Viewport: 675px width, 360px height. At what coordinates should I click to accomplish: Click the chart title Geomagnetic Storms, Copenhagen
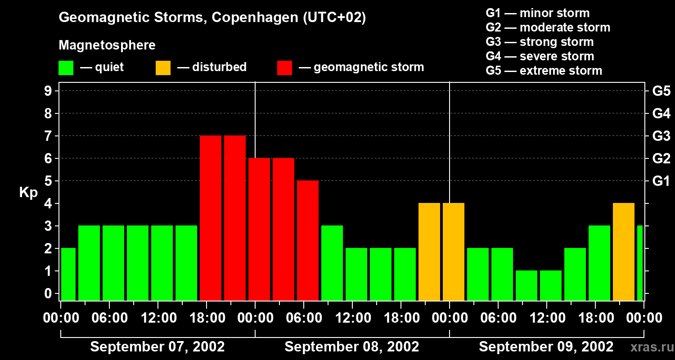click(212, 18)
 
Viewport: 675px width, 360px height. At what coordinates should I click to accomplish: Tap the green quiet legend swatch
click(66, 68)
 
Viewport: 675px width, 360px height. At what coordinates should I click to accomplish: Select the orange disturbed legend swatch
click(163, 68)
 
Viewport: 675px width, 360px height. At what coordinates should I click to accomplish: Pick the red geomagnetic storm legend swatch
click(284, 68)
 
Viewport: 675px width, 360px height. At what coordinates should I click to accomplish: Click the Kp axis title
click(28, 193)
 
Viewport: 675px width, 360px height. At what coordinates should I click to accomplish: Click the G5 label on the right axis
click(661, 91)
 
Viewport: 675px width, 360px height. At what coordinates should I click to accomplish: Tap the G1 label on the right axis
click(661, 181)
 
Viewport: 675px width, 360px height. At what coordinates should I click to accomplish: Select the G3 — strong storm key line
click(540, 42)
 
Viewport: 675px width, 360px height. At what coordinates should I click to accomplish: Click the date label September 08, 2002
click(352, 347)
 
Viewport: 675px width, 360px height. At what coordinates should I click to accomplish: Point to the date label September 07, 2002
click(157, 347)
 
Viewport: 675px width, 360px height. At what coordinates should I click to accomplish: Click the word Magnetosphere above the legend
click(107, 45)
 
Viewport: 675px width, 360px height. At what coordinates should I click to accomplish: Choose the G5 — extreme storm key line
click(544, 71)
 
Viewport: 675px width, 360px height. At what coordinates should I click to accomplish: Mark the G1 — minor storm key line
click(537, 13)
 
